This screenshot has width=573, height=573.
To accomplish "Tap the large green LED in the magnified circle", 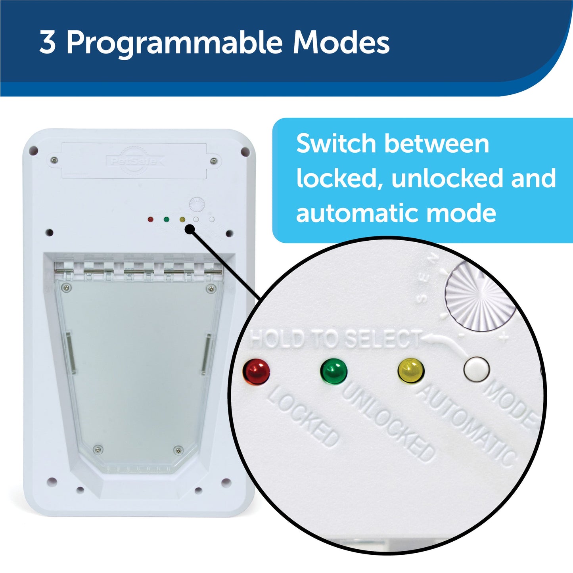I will (333, 372).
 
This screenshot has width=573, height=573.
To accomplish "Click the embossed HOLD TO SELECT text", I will (335, 340).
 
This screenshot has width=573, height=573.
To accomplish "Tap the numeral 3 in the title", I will (47, 42).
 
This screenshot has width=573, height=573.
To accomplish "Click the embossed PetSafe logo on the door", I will (135, 161).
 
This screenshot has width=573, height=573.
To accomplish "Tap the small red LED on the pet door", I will (151, 219).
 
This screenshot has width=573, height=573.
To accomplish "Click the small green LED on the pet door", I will (166, 219).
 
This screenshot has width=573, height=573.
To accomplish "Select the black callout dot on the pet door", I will (190, 229).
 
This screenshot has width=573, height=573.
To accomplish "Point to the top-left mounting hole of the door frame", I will (34, 150).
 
